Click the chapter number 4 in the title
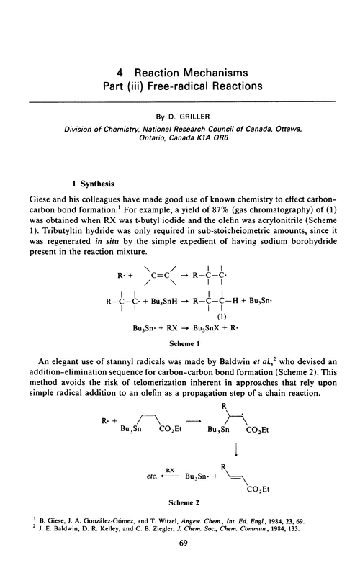121,73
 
